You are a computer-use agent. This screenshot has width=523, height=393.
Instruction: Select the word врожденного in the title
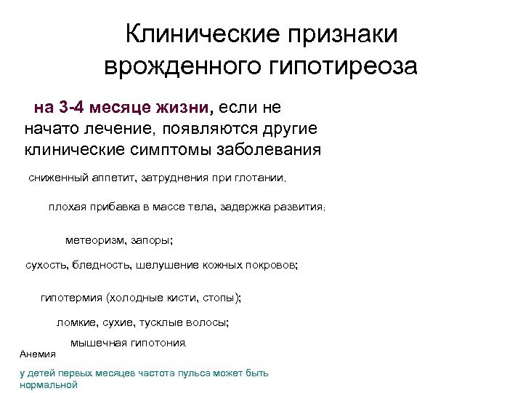click(182, 67)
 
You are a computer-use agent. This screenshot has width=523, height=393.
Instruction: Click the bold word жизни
click(182, 108)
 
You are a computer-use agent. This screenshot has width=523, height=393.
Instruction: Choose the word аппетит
click(108, 178)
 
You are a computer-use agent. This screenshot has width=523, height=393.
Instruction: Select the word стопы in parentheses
click(222, 298)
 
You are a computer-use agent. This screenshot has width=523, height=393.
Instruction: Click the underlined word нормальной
click(49, 385)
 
